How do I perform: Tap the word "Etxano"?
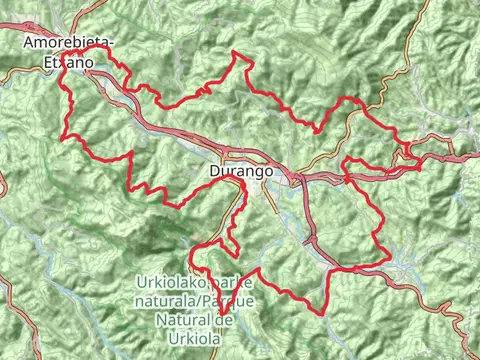[69, 62]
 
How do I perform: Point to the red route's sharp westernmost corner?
[64, 136]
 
